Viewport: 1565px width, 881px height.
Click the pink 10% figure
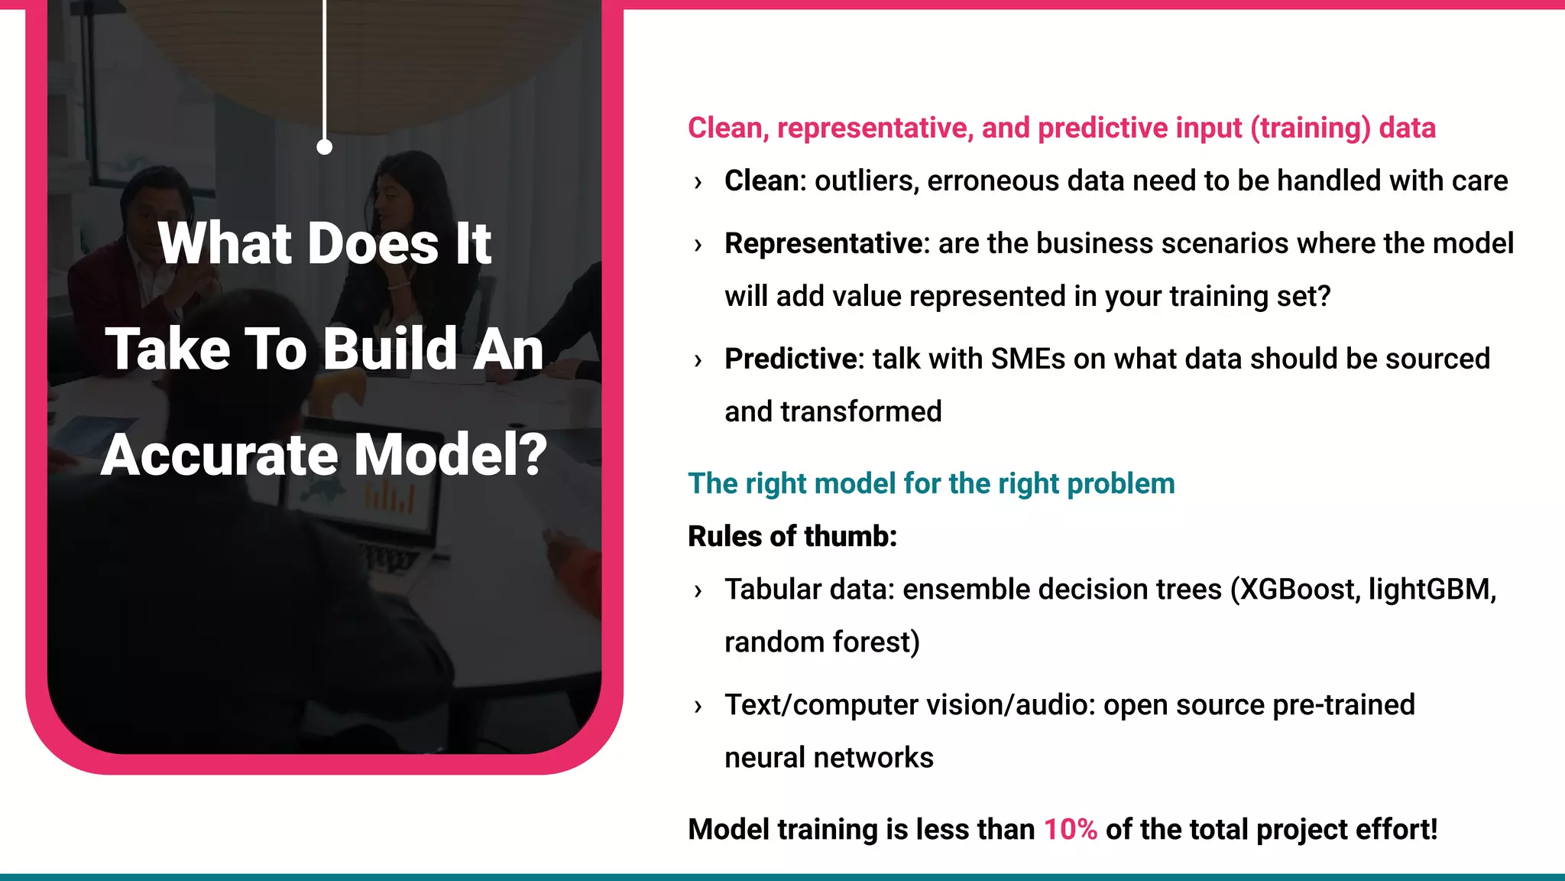tap(1070, 830)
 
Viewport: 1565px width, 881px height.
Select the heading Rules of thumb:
tap(792, 537)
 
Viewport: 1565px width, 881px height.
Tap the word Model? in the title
tap(451, 455)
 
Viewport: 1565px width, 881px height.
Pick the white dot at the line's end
tap(324, 147)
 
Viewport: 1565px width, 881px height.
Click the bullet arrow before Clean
tap(698, 183)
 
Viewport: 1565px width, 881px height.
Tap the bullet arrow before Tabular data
tap(698, 591)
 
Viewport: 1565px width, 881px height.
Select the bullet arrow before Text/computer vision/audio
tap(698, 707)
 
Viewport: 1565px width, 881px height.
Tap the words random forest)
tap(821, 642)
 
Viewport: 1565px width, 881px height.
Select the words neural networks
tap(828, 758)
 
